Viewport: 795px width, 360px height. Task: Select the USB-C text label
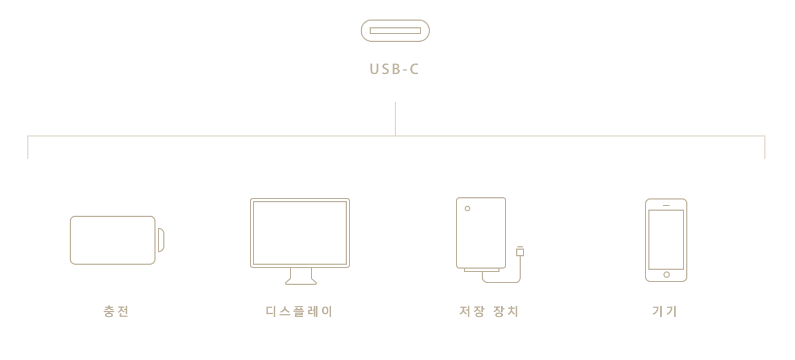coord(394,69)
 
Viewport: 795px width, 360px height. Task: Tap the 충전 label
coord(116,312)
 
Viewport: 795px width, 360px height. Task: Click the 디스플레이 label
coord(299,312)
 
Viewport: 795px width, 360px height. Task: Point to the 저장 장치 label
coord(489,312)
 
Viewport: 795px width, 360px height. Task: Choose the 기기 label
coord(665,312)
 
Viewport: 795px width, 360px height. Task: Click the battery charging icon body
coord(113,240)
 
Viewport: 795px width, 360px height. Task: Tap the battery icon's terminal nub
coord(161,240)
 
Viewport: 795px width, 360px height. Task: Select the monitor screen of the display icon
coord(300,233)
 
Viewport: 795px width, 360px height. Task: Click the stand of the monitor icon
coord(301,276)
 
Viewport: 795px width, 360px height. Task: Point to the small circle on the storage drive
coord(467,208)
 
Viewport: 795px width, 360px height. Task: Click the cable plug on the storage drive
coord(520,252)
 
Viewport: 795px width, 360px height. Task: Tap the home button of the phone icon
coord(666,275)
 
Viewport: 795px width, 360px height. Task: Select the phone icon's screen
coord(666,240)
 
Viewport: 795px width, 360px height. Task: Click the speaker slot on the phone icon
coord(666,206)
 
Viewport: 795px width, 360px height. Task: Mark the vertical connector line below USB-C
coord(395,119)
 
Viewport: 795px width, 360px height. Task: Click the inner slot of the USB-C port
coord(395,31)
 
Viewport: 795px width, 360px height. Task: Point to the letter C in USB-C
coord(414,69)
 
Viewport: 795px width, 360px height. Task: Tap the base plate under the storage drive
coord(482,270)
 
